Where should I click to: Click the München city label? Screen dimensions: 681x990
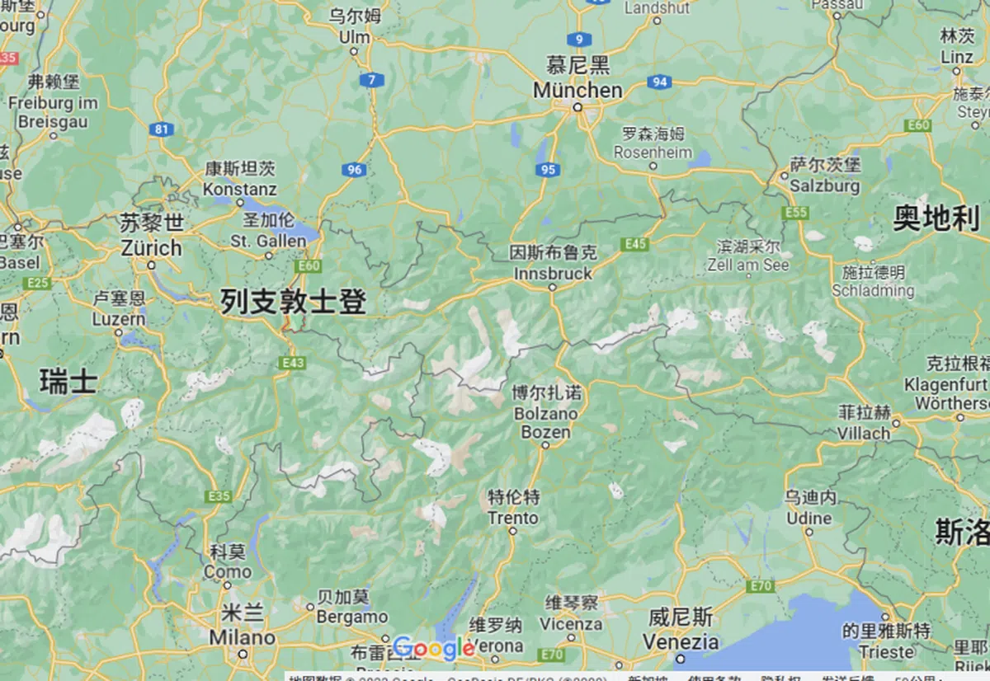point(577,89)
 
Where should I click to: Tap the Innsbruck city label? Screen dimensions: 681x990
point(553,273)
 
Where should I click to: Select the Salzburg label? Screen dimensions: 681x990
point(824,186)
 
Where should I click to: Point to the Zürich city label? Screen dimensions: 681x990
point(151,247)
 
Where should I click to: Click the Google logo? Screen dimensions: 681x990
point(433,649)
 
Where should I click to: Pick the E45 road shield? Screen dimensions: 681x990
point(636,244)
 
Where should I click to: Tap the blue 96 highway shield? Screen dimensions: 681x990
point(354,170)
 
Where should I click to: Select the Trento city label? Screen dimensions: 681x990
point(512,518)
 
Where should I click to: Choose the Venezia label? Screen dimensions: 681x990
point(681,641)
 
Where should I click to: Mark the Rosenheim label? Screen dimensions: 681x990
point(652,153)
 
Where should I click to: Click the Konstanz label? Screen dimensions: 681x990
point(240,189)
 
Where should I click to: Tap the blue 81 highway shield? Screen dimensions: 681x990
point(162,129)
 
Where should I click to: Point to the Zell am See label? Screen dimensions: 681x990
point(747,265)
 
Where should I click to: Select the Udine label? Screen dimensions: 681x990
point(808,518)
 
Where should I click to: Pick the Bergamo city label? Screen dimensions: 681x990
point(352,617)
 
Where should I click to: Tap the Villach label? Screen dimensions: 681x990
point(864,432)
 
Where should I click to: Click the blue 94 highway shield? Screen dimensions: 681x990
point(659,82)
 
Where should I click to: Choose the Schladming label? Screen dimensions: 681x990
point(873,290)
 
